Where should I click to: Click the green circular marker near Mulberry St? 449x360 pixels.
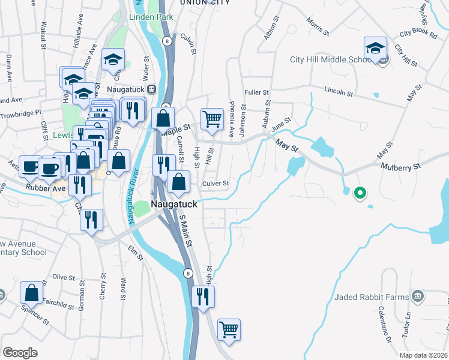pyautogui.click(x=360, y=193)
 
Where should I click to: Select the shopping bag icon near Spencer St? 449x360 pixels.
pyautogui.click(x=32, y=293)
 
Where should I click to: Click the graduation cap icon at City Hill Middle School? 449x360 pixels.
pyautogui.click(x=375, y=49)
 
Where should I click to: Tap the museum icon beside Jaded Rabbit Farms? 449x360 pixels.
pyautogui.click(x=418, y=296)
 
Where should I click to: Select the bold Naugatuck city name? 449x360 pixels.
pyautogui.click(x=173, y=203)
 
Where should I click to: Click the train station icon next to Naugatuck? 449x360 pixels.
pyautogui.click(x=152, y=89)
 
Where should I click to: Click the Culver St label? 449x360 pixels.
pyautogui.click(x=215, y=184)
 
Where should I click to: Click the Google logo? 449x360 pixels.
pyautogui.click(x=20, y=352)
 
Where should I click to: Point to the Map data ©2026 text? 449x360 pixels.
pyautogui.click(x=423, y=355)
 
